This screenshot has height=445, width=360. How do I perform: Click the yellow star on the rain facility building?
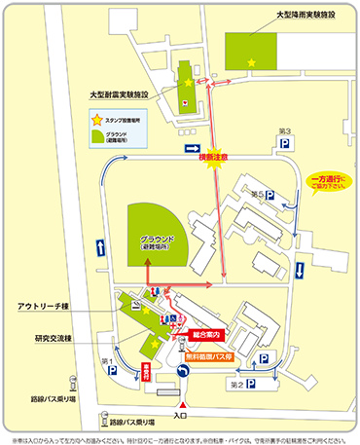(x=252, y=63)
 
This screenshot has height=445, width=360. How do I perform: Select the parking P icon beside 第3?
(x=286, y=143)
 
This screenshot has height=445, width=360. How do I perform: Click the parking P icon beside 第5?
(x=270, y=196)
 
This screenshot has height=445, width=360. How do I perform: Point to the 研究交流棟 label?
(x=53, y=338)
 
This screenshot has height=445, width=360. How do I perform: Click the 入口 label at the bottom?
(x=181, y=416)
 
